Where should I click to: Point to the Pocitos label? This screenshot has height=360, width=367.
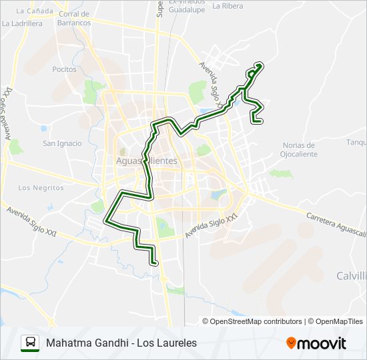(65, 69)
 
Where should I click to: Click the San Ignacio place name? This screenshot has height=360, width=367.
(62, 143)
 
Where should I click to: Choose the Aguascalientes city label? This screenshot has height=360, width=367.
(146, 161)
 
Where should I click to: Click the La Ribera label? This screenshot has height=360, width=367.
(228, 5)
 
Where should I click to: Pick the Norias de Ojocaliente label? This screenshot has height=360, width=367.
(299, 149)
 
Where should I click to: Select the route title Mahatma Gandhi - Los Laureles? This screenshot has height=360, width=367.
(121, 343)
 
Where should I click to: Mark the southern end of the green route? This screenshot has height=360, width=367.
(155, 263)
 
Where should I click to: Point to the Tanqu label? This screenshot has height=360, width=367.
(356, 142)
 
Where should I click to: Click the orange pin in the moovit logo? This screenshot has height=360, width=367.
(291, 343)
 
